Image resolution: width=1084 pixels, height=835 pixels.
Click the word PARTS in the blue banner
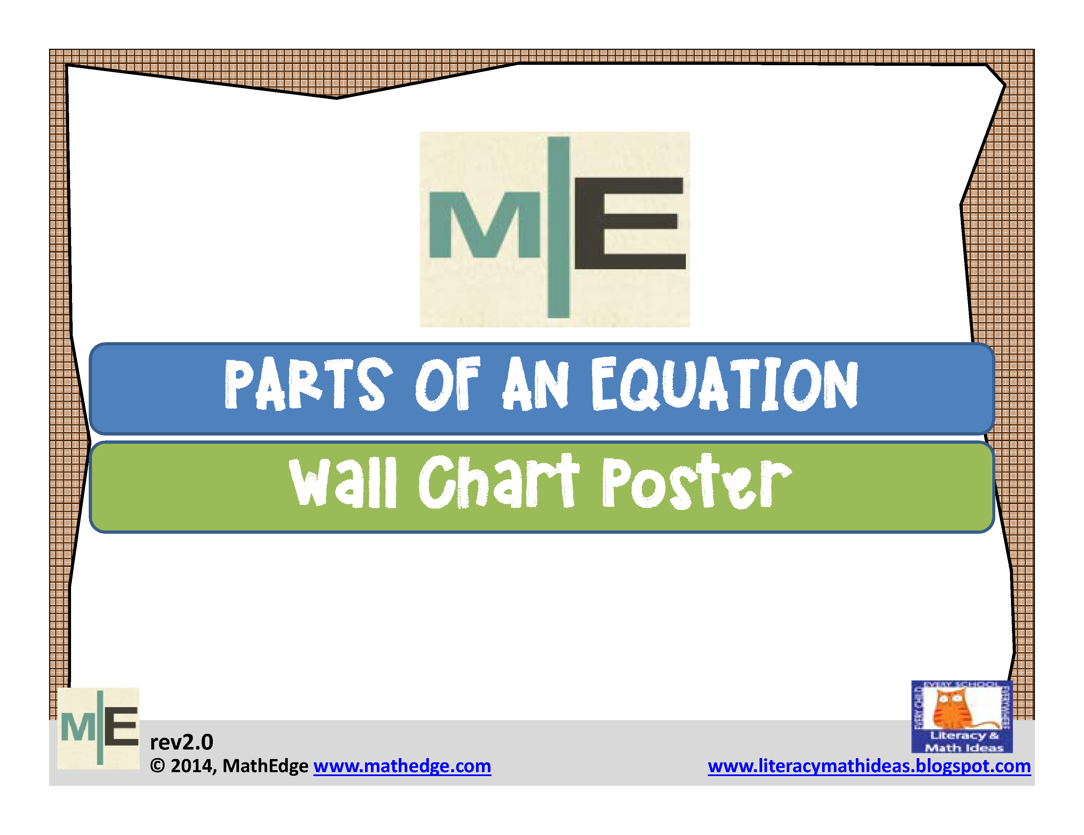pos(308,384)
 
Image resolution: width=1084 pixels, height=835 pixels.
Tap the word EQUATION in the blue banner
pos(724,384)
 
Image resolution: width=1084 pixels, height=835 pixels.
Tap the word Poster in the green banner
pos(695,482)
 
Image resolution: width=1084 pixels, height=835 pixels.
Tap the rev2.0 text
pos(182,742)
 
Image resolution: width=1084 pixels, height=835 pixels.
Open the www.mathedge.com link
pos(402,766)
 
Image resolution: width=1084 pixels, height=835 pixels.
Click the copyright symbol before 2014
pos(157,766)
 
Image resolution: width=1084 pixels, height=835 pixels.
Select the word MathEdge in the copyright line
pos(265,766)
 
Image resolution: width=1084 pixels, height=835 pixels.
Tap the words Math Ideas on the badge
pos(964,748)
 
